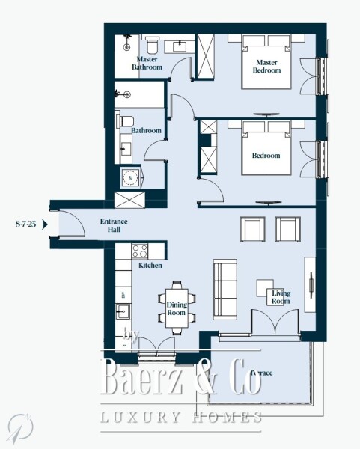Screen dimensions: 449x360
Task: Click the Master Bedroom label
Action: click(267, 66)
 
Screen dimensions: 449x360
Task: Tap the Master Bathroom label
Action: click(147, 63)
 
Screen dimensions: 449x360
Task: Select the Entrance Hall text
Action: click(114, 226)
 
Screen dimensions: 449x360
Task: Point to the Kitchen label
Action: click(150, 266)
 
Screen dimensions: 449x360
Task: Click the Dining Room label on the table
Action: click(176, 308)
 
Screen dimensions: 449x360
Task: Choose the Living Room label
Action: click(281, 297)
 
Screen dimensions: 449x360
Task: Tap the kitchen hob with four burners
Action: click(141, 251)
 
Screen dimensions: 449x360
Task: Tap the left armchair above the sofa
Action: click(251, 228)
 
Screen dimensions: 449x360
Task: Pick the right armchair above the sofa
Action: click(287, 228)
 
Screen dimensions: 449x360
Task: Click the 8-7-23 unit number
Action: click(25, 223)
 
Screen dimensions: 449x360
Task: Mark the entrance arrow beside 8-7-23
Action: click(44, 223)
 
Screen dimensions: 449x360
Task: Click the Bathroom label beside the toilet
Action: click(146, 131)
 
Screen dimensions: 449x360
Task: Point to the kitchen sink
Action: click(123, 310)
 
